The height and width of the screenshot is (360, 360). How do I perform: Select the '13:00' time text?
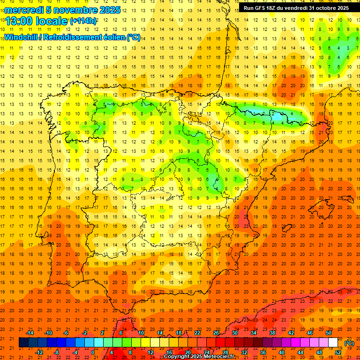[19, 21]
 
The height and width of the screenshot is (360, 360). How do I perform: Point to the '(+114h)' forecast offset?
[83, 21]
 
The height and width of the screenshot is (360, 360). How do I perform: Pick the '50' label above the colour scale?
[329, 332]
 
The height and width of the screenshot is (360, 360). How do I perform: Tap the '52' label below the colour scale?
[338, 352]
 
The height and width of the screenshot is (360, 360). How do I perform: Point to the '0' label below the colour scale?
[93, 352]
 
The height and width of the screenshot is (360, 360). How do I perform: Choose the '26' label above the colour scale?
[216, 332]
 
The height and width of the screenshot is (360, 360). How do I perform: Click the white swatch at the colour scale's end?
[333, 343]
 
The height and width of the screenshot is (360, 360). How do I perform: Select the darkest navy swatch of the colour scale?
[23, 343]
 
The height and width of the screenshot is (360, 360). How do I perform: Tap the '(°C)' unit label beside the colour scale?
[349, 343]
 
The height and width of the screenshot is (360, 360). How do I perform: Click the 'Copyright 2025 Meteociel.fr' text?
[199, 357]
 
